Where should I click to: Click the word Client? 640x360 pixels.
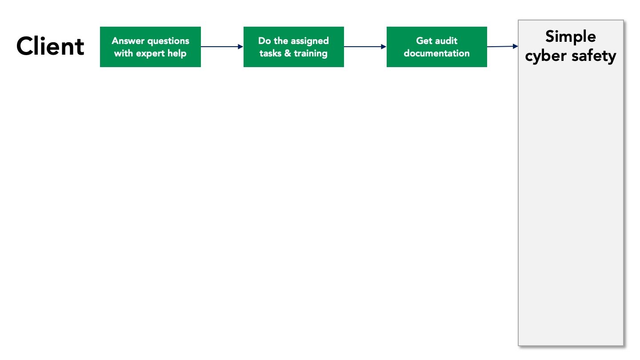(x=50, y=46)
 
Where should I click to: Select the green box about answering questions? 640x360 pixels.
(x=150, y=47)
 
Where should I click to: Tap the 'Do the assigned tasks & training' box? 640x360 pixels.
(x=294, y=47)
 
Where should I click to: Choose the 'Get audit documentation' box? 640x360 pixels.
(x=437, y=47)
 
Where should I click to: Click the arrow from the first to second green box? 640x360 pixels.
(x=222, y=47)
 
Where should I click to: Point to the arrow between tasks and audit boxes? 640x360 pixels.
(x=365, y=47)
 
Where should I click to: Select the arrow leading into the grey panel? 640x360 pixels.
(x=503, y=46)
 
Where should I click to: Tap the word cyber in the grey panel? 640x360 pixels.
(x=546, y=56)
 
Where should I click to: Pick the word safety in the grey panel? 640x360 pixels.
(x=594, y=56)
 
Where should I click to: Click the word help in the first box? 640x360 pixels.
(x=177, y=54)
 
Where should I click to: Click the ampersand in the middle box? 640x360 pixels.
(x=288, y=53)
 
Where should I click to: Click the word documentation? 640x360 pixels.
(x=436, y=53)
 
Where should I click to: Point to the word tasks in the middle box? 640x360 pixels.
(x=270, y=53)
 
